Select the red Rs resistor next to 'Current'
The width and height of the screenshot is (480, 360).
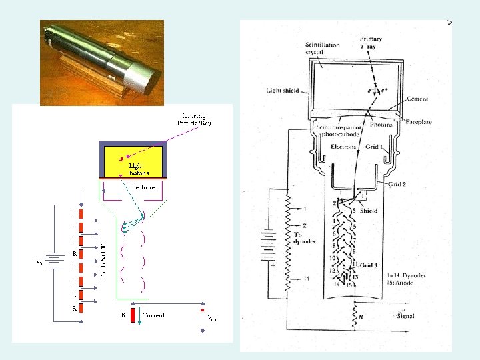point(133,315)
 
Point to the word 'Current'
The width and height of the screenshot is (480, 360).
point(153,315)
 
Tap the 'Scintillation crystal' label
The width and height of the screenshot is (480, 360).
point(323,48)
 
